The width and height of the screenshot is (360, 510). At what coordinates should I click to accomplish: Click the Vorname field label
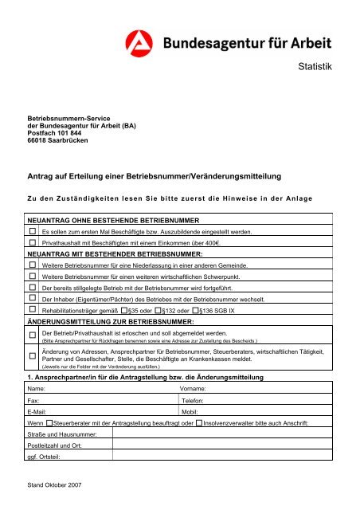tap(196, 386)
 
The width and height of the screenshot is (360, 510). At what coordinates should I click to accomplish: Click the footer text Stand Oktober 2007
tap(54, 484)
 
